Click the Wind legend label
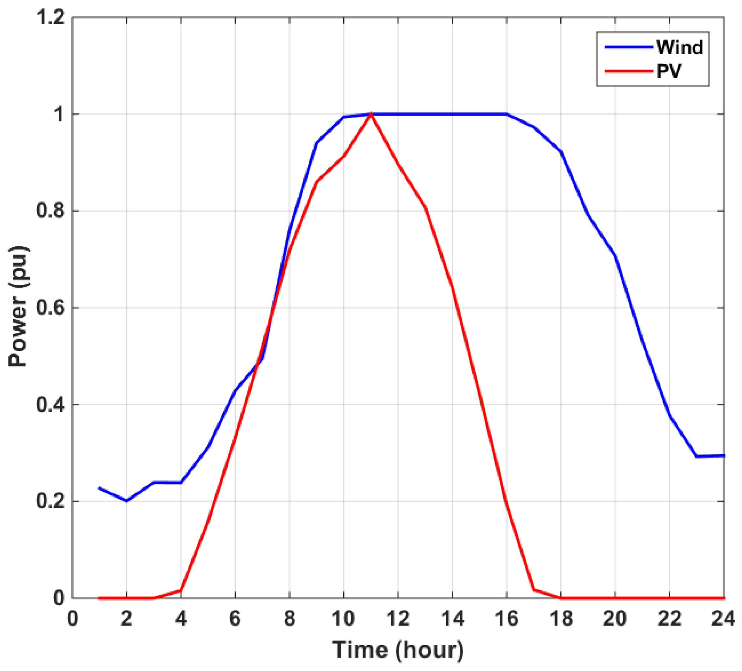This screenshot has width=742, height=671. pyautogui.click(x=679, y=47)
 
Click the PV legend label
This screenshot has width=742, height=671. pyautogui.click(x=669, y=71)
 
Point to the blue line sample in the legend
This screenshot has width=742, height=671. pyautogui.click(x=629, y=47)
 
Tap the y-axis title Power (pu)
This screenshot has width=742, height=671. pyautogui.click(x=18, y=306)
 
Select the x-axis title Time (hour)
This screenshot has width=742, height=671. pyautogui.click(x=398, y=650)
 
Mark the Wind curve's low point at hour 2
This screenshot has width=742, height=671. pyautogui.click(x=126, y=501)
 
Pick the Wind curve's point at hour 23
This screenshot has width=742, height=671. pyautogui.click(x=697, y=457)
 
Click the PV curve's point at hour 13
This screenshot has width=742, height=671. pyautogui.click(x=425, y=207)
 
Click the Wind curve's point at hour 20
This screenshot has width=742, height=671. pyautogui.click(x=615, y=255)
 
